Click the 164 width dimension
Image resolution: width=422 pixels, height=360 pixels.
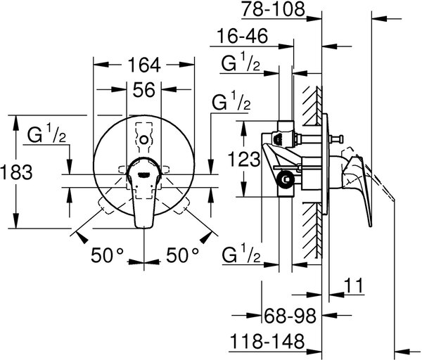pos(144,65)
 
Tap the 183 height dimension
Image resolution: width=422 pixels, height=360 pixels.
pos(17,172)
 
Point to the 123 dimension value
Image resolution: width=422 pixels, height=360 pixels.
pos(244,159)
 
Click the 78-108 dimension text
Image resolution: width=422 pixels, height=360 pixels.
pos(273,9)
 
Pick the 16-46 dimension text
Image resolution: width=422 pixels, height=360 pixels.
pos(242,36)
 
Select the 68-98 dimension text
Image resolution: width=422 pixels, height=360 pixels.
pos(290,316)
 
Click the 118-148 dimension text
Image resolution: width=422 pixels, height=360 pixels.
pos(267,341)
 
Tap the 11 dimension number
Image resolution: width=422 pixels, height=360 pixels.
pos(354,285)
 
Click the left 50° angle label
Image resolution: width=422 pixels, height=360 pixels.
pos(107,255)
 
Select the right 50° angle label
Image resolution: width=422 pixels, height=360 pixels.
pos(182,255)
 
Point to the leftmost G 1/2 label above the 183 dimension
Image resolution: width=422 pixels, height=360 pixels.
pos(46,133)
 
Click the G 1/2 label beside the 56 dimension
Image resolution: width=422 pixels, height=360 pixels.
pos(231,101)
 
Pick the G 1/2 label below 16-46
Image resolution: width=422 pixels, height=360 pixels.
pos(241,62)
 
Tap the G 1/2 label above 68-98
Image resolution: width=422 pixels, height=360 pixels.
pos(241,253)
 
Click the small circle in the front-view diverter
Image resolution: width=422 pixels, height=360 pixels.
pos(144,140)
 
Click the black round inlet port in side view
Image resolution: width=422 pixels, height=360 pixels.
pos(286,179)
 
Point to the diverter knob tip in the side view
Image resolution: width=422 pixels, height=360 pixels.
pos(340,139)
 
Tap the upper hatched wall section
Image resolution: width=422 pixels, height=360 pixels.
pos(312,105)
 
